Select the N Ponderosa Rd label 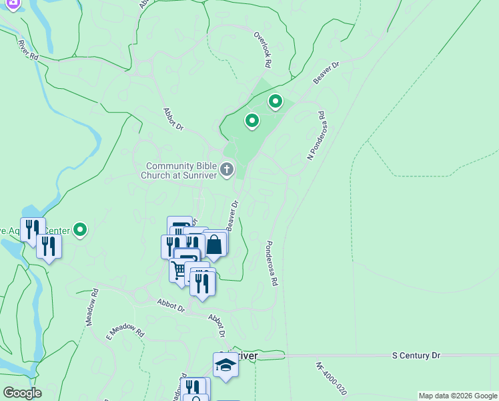(x=316, y=135)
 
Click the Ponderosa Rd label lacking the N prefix (x=272, y=263)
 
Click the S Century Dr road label (x=416, y=356)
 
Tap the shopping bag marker (x=214, y=244)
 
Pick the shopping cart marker (x=179, y=270)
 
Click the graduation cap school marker (x=225, y=365)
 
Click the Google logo (x=22, y=393)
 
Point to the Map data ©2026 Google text (x=458, y=396)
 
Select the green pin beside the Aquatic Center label (x=80, y=230)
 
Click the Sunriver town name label (x=244, y=356)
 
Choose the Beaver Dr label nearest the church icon (x=232, y=216)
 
